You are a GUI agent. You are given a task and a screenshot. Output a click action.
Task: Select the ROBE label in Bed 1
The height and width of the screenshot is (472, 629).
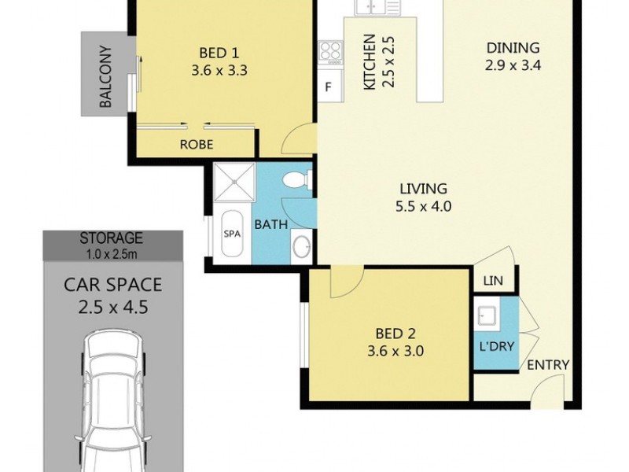197,144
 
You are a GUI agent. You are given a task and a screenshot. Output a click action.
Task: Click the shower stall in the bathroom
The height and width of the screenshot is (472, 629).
235,183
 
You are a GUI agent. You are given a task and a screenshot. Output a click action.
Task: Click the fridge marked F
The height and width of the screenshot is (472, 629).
329,87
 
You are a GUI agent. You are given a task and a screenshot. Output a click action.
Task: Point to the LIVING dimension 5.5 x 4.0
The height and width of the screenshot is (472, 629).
423,208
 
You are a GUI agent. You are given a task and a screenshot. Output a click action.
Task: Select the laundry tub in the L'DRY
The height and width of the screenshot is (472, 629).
486,317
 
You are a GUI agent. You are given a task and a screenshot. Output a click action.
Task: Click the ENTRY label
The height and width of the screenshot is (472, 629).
547,365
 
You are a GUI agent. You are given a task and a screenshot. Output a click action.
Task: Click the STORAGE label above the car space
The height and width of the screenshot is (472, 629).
111,237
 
